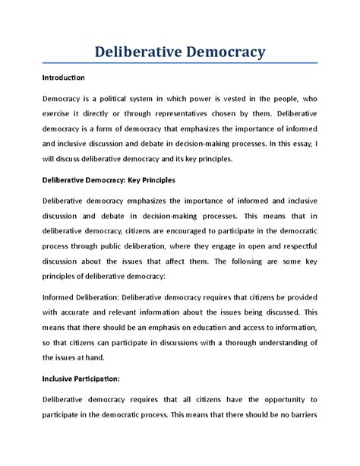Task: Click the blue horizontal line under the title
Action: coord(179,65)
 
